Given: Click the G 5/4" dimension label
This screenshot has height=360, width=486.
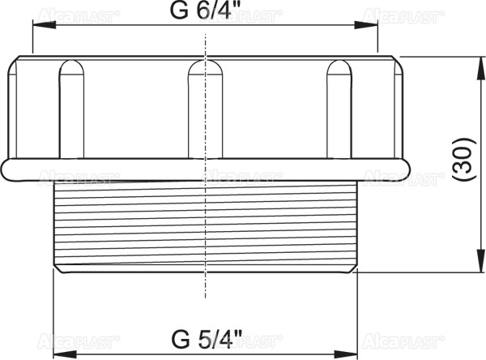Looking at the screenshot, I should [207, 338].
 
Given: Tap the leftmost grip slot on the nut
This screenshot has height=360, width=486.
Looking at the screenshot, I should [71, 109].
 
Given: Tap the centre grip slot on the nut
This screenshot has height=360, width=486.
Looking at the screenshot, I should [206, 109].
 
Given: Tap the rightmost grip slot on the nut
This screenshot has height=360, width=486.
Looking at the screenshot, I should [339, 109].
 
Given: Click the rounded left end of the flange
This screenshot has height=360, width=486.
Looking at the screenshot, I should [7, 169].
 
